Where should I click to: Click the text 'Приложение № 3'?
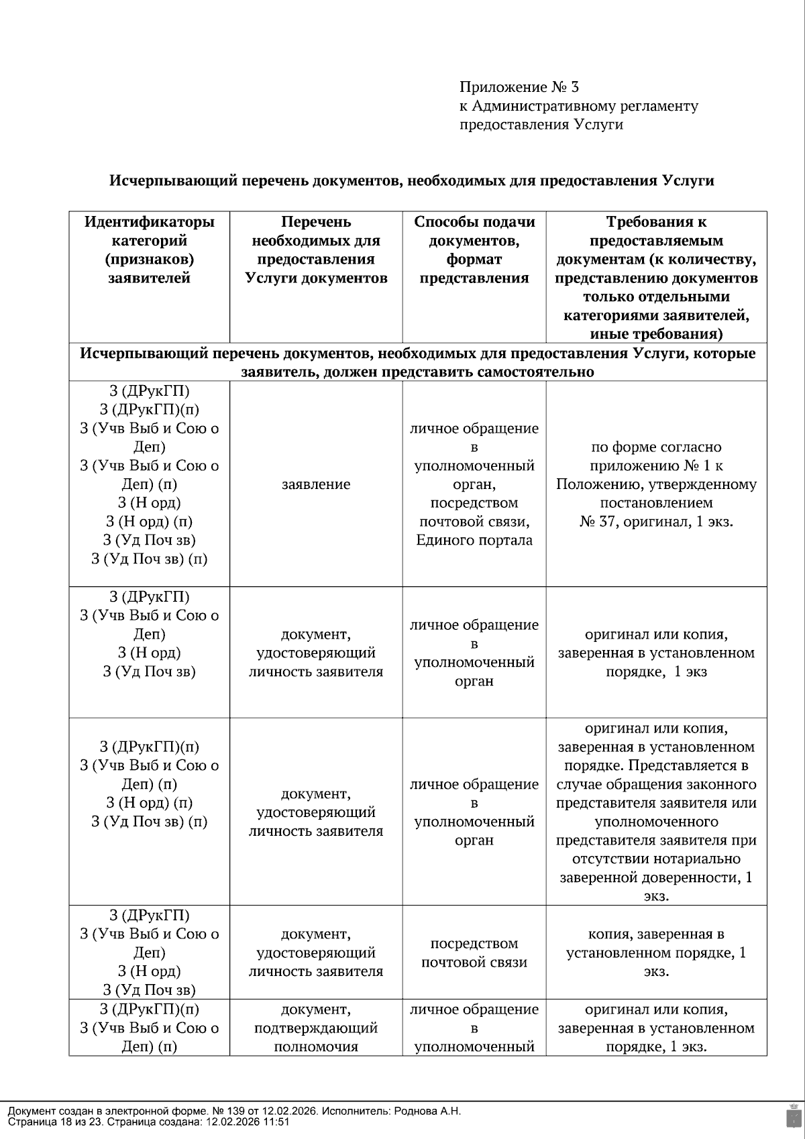519,87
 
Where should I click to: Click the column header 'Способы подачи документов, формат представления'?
474,250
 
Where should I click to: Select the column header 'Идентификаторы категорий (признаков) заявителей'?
149,250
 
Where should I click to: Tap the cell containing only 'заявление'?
316,484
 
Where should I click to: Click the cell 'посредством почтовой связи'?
474,953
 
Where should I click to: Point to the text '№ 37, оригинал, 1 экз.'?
656,521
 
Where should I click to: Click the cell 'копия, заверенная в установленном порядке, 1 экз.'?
656,953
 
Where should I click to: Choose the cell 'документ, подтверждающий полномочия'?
316,1028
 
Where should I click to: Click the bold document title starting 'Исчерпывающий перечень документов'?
411,180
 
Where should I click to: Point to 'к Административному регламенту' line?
578,106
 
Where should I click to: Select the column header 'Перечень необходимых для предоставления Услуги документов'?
316,250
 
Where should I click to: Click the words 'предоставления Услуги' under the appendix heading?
541,125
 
